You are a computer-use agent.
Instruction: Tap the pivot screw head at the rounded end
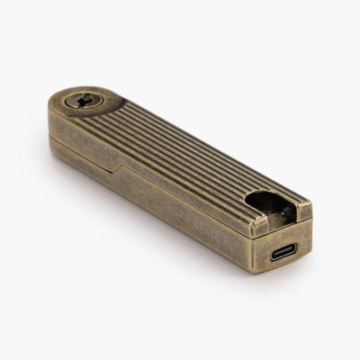[x=83, y=100]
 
